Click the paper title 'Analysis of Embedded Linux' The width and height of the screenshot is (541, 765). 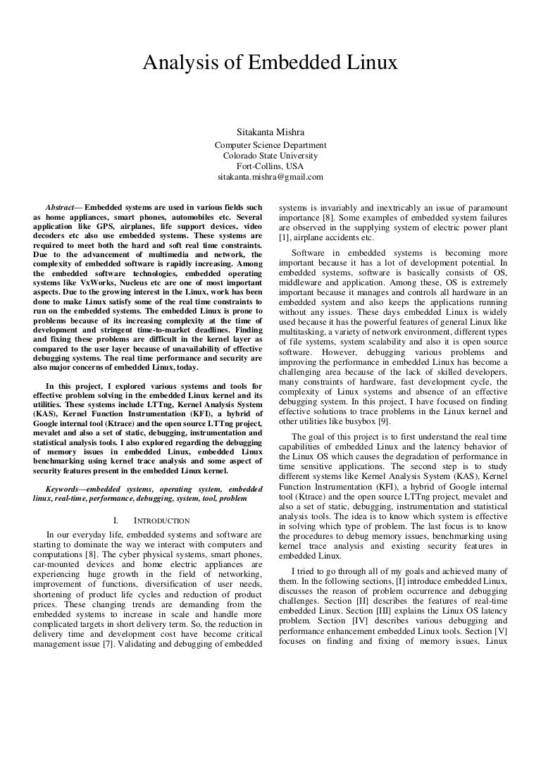pos(270,65)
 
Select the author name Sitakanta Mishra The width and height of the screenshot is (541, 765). pos(270,132)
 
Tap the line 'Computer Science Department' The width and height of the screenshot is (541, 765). pos(270,145)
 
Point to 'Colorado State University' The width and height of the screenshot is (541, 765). pos(270,156)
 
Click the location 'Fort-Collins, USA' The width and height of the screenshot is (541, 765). pos(270,166)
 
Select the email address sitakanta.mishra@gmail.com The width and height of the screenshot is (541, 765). pos(270,177)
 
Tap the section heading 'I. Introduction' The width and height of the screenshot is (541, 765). pos(151,521)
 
